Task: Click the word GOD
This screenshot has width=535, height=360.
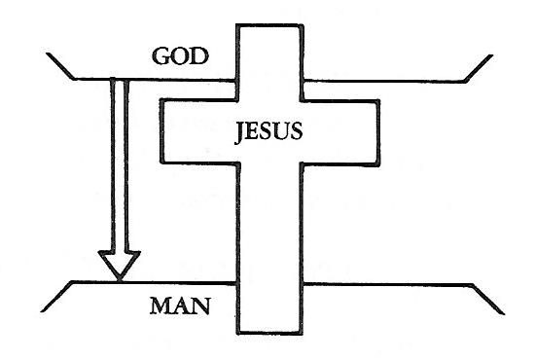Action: click(180, 55)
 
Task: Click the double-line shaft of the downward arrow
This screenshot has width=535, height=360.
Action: click(120, 165)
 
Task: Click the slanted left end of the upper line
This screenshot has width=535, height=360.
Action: click(61, 66)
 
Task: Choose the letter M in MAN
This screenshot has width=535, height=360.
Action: click(160, 310)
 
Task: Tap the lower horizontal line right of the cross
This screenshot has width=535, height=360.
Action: click(389, 282)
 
